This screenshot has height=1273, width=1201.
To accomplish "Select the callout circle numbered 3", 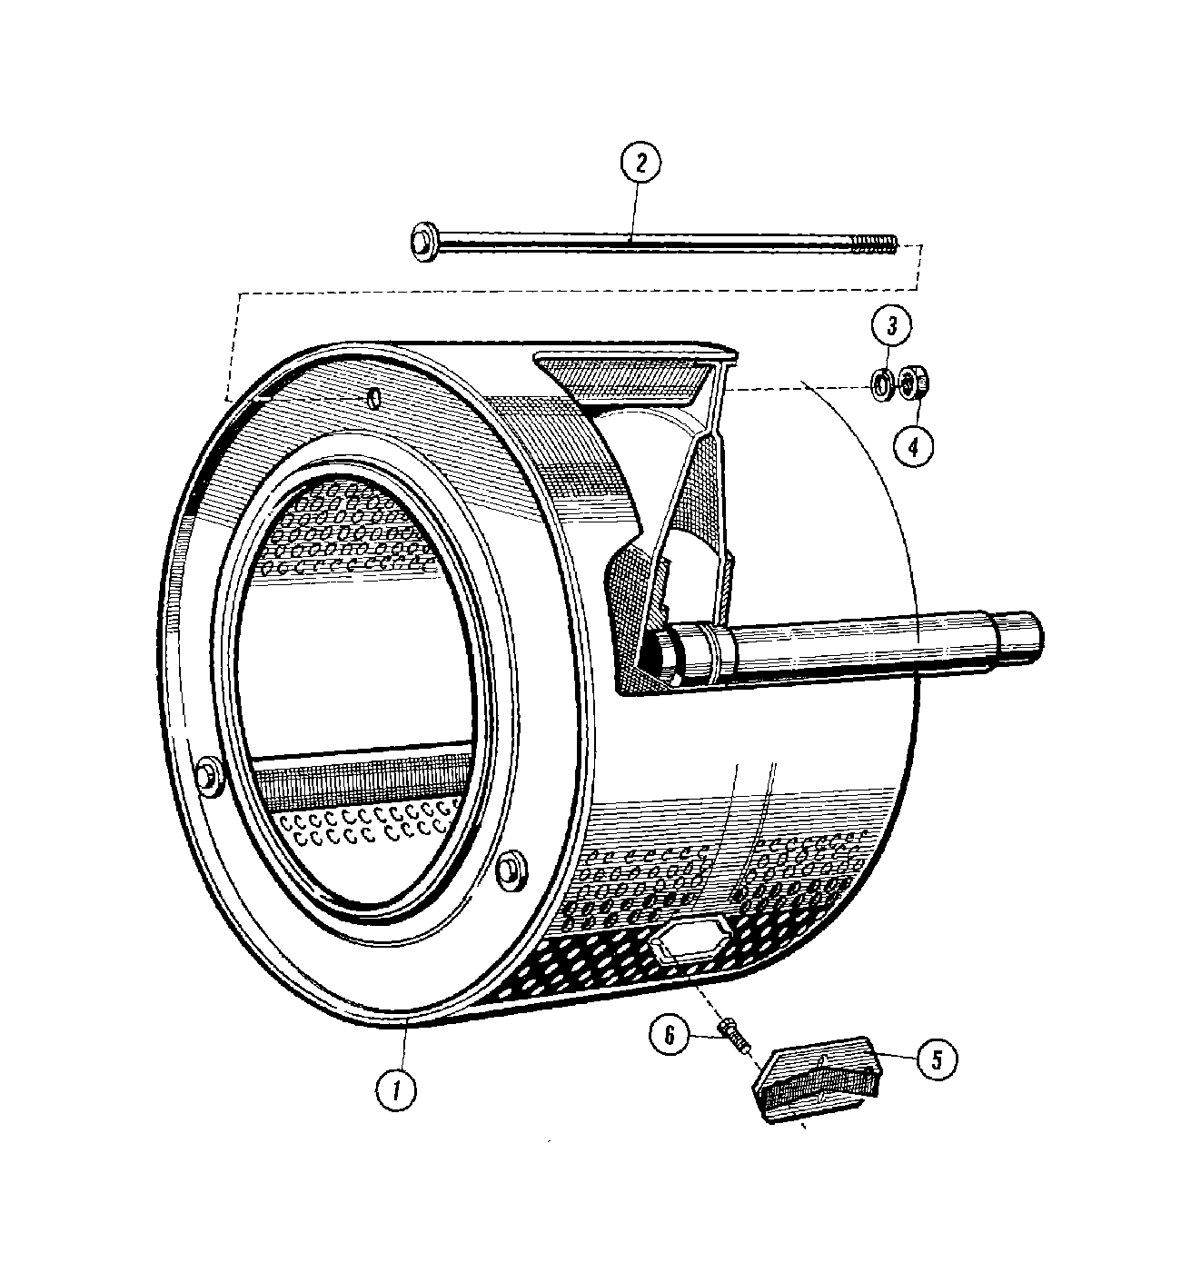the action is tap(892, 325).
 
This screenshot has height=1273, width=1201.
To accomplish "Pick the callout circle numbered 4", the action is tap(914, 445).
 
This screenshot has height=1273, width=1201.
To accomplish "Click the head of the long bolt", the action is tap(422, 243).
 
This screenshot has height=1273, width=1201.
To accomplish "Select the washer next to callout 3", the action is tap(880, 384).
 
